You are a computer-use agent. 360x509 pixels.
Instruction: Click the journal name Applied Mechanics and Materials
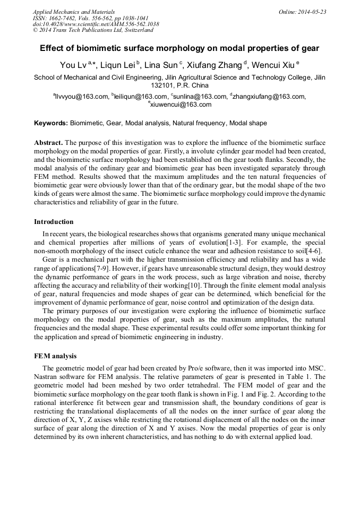pos(73,12)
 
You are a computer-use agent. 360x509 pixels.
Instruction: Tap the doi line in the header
pos(96,24)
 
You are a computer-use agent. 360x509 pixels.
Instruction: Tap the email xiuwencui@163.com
pos(181,105)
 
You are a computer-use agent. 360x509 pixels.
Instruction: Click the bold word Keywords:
pos(51,123)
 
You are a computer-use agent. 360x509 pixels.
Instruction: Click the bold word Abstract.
pos(48,143)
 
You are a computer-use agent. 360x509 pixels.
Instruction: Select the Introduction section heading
pos(54,221)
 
